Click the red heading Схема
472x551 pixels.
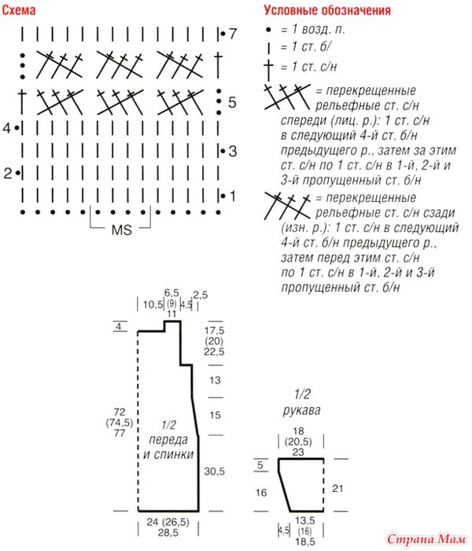pos(19,10)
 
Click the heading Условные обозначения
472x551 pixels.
pos(327,10)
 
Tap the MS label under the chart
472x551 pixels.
pos(121,230)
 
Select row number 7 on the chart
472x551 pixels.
pos(233,34)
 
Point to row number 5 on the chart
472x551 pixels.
pos(232,102)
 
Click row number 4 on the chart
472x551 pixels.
pos(7,128)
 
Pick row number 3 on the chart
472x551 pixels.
pos(233,151)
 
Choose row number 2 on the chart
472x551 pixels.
pos(8,173)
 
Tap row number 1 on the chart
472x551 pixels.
pos(233,196)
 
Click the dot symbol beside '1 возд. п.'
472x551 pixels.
pos(269,30)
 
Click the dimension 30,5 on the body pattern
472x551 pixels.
pos(214,472)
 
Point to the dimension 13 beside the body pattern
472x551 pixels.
pos(215,380)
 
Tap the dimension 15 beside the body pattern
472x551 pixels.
pos(215,415)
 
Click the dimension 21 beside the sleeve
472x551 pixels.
pos(337,488)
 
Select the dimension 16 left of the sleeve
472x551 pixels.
pos(261,492)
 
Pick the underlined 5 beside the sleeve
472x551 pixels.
pos(260,465)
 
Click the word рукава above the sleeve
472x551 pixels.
pos(302,410)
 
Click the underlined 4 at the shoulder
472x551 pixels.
pos(119,327)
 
